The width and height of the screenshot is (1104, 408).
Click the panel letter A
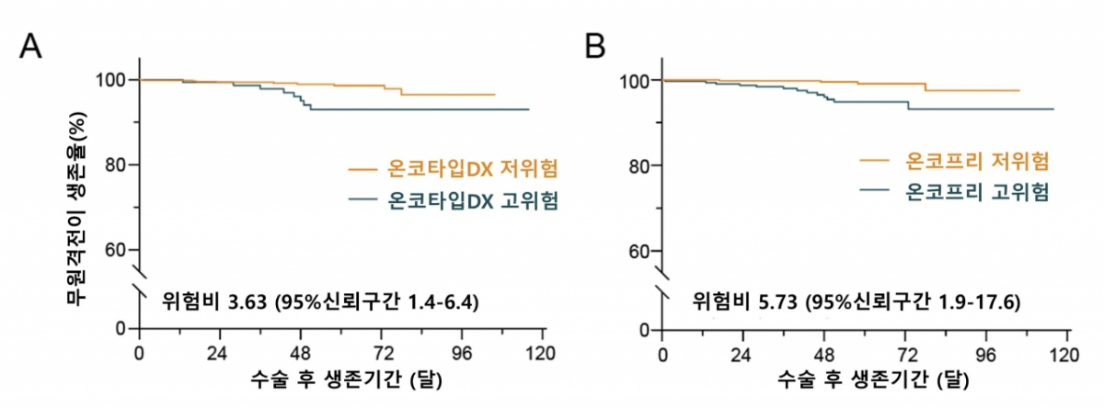click(31, 45)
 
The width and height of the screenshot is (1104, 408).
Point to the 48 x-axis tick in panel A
click(301, 352)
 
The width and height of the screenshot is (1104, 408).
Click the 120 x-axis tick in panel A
click(544, 352)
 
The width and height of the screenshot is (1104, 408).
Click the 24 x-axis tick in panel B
click(743, 353)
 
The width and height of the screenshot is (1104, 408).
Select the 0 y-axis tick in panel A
click(122, 328)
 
